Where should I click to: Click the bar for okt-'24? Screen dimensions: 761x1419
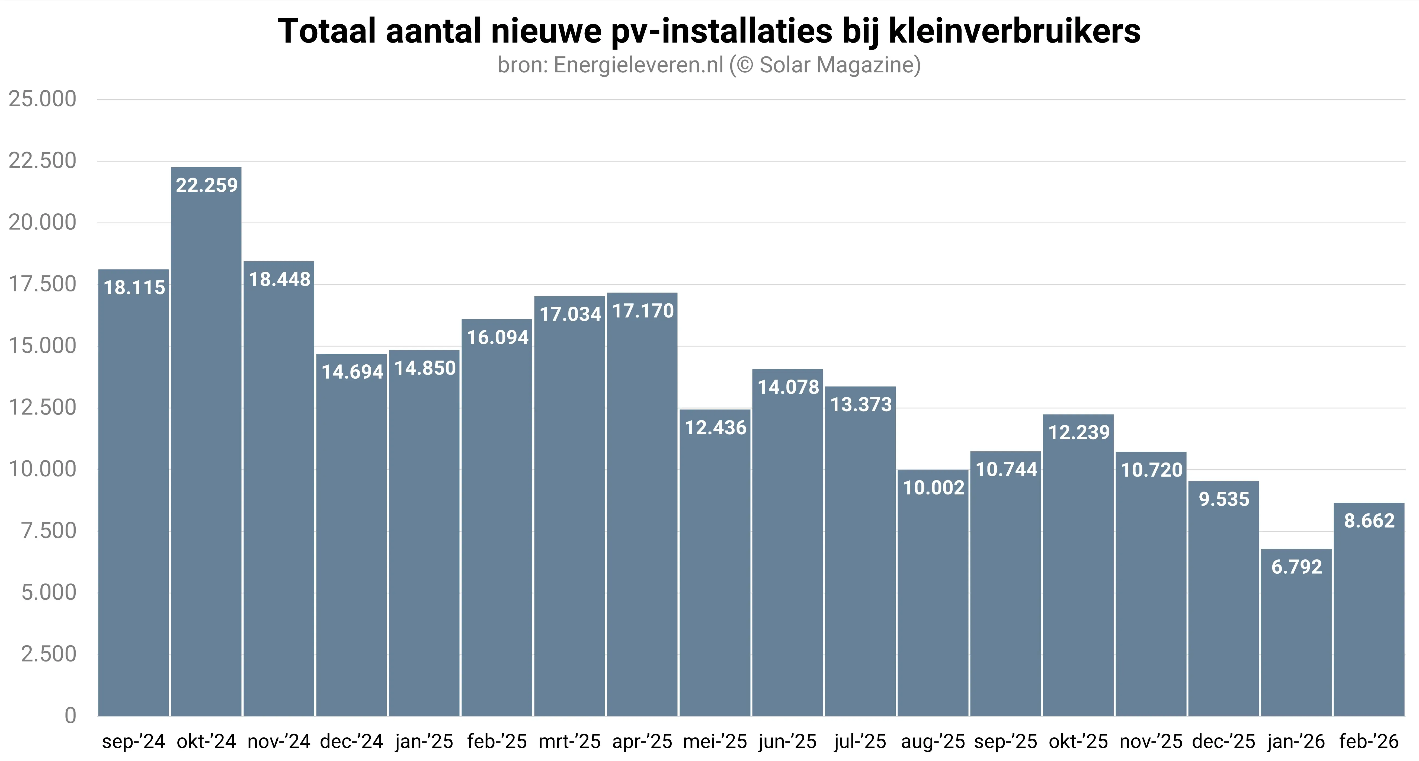pos(206,441)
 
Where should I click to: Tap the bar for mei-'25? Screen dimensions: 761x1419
pos(715,562)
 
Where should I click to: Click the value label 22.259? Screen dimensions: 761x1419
pos(207,185)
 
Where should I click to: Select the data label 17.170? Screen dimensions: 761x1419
pos(643,311)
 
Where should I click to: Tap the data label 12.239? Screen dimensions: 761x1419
pos(1079,432)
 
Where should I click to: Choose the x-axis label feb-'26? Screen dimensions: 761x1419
pos(1369,742)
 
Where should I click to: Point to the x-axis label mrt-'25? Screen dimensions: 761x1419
pos(570,742)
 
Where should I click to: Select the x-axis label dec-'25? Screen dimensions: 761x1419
pos(1223,742)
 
